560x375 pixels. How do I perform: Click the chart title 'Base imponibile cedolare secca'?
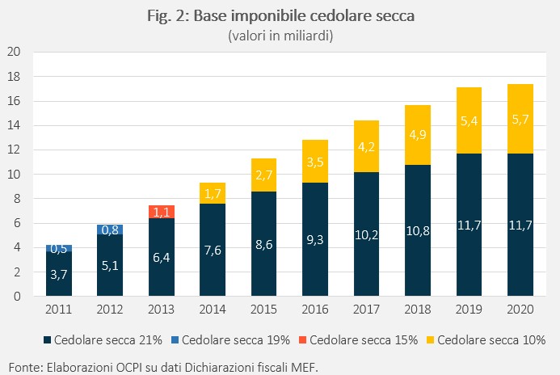click(304, 16)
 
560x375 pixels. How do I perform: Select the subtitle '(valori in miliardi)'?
click(280, 36)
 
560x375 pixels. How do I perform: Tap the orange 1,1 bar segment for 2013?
click(162, 212)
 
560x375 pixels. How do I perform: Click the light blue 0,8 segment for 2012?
click(110, 230)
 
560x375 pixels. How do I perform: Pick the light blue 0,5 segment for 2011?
click(59, 248)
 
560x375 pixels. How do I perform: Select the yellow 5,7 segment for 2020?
click(520, 119)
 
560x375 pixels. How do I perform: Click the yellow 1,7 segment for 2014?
click(213, 193)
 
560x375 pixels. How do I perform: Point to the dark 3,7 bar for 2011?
click(59, 273)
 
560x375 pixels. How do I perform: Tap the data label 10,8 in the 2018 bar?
click(418, 231)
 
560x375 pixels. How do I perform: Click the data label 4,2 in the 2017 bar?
click(366, 147)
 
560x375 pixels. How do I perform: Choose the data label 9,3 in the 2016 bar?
click(315, 240)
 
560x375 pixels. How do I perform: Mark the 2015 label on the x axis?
click(263, 309)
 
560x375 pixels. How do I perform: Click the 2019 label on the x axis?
click(469, 309)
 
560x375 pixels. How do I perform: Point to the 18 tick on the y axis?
click(14, 77)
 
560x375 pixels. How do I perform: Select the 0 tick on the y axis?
click(17, 296)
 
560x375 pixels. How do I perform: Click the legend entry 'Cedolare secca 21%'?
click(103, 340)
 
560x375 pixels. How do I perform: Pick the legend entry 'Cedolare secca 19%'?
click(231, 340)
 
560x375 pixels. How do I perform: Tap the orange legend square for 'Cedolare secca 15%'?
click(302, 340)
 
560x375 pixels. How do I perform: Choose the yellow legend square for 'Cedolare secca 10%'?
click(431, 340)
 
